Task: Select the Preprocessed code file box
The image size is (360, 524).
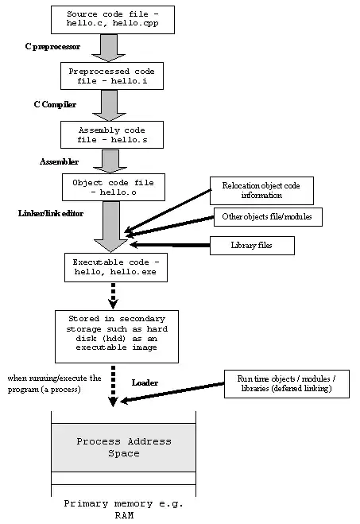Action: (x=110, y=76)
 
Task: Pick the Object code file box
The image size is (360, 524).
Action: (x=110, y=187)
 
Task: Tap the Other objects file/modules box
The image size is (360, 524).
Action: (x=268, y=217)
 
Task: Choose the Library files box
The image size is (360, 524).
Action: (x=251, y=246)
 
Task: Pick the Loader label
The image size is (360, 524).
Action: (x=144, y=382)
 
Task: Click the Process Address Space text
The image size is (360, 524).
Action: (x=123, y=447)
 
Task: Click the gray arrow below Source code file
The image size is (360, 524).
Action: (x=110, y=49)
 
